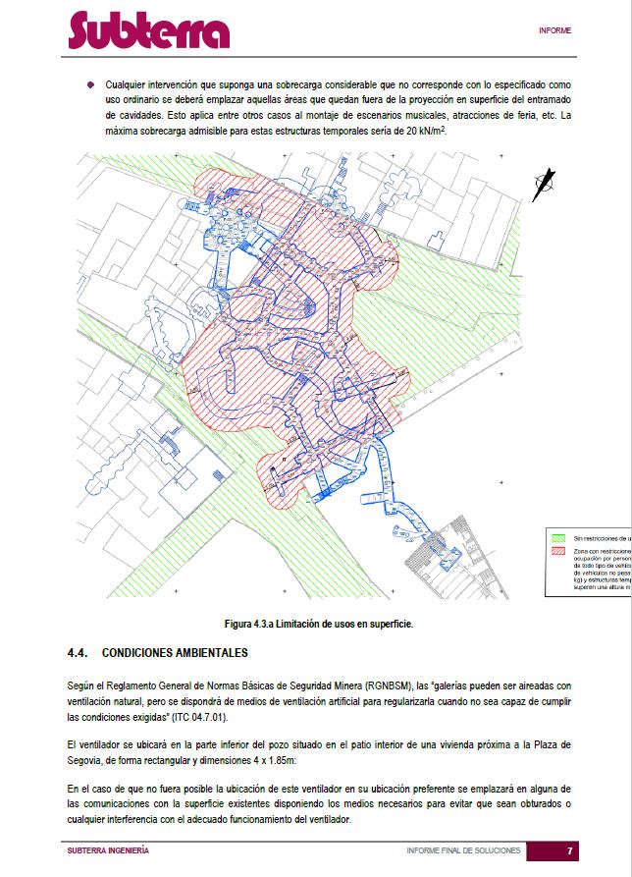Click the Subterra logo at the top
[x=148, y=31]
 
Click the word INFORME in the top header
[x=554, y=30]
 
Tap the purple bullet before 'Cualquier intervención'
[x=90, y=85]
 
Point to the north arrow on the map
[x=543, y=185]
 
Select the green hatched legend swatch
[x=558, y=538]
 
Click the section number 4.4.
[x=79, y=653]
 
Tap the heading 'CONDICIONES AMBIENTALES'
[x=175, y=653]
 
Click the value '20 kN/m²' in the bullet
[x=424, y=131]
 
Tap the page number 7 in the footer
[x=569, y=850]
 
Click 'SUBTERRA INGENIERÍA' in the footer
[x=108, y=850]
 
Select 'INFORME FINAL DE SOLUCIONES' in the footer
[x=463, y=850]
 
